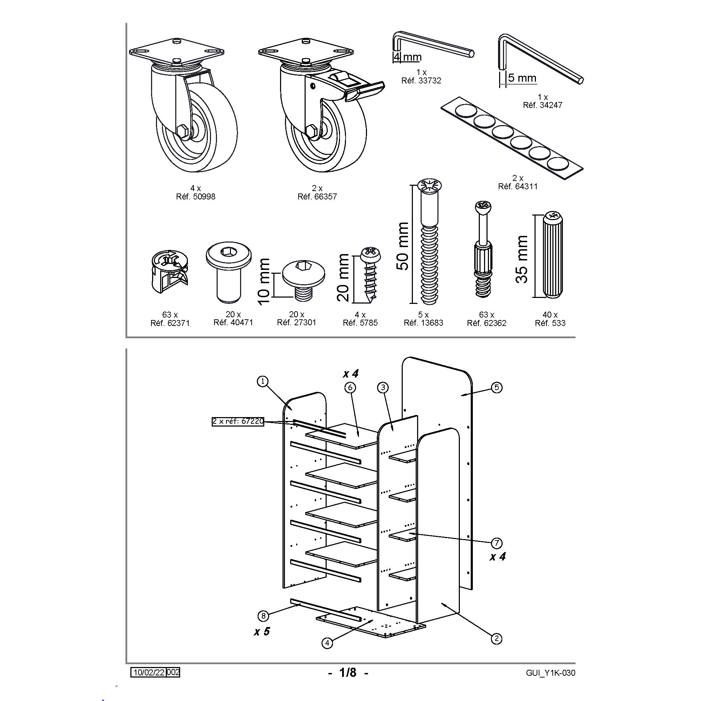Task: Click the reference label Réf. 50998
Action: coord(196,197)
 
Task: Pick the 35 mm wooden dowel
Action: coord(553,256)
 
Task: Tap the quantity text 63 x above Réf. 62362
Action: coord(486,315)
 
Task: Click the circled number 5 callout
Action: coord(497,388)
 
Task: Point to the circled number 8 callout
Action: coord(264,616)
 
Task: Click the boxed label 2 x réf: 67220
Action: coord(238,421)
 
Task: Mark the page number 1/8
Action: coord(348,673)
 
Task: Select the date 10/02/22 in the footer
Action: coord(149,672)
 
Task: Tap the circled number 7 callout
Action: coord(496,543)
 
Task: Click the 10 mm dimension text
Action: coord(264,281)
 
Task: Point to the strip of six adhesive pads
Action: coord(512,138)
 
